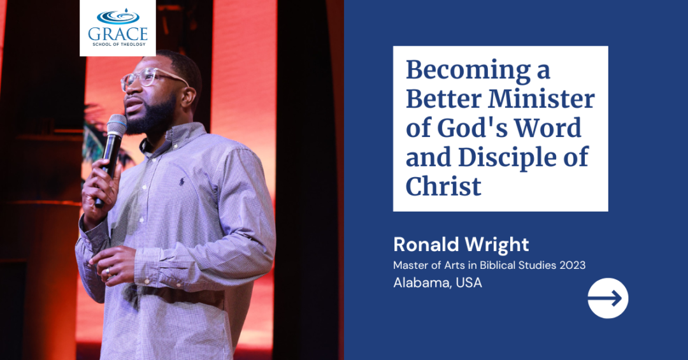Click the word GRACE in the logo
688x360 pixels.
coord(118,34)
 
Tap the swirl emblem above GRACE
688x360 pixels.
coord(118,17)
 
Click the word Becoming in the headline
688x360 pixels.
coord(468,71)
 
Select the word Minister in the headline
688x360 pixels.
coord(541,99)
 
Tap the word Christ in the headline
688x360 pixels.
coord(443,186)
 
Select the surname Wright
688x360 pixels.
coord(495,245)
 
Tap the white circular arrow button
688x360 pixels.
coord(608,298)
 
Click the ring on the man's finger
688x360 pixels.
coord(108,272)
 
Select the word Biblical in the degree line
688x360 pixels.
coord(496,265)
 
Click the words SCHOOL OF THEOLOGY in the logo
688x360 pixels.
coord(118,45)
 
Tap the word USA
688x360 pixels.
coord(469,283)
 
